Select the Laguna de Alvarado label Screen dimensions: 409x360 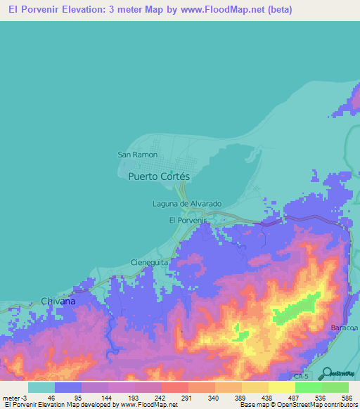(x=187, y=204)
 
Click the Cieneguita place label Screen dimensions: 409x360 (x=149, y=262)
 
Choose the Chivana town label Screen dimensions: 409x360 (x=58, y=301)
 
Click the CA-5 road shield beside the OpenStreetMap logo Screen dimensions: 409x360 (x=301, y=377)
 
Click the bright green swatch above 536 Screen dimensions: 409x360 (x=308, y=387)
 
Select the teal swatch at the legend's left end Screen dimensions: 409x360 (x=41, y=387)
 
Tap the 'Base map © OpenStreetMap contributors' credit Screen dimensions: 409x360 (x=299, y=405)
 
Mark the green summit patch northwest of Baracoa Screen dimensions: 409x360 (x=295, y=310)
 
